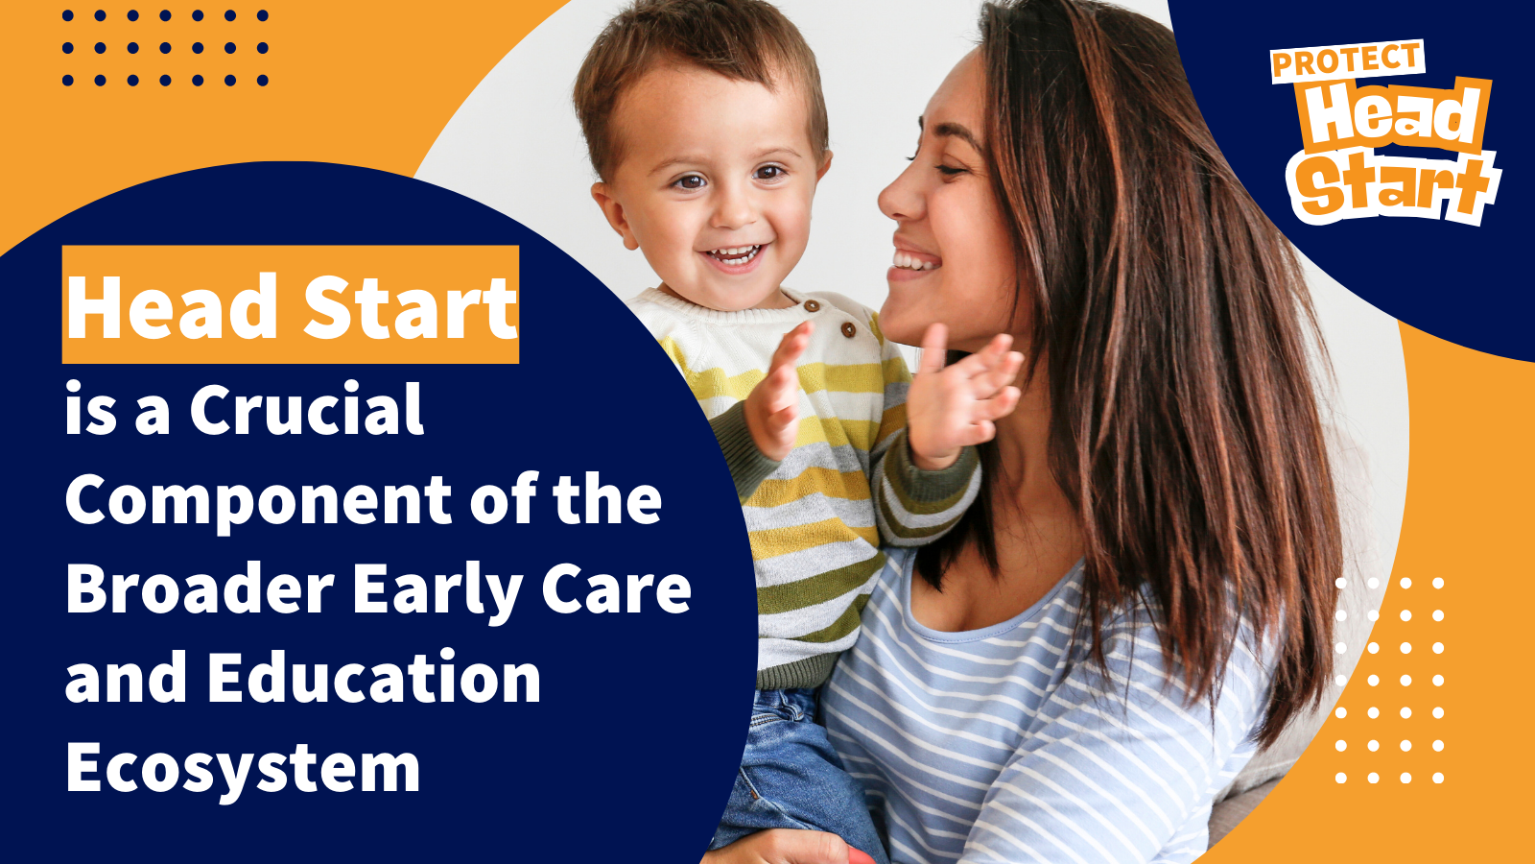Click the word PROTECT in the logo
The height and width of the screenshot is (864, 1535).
tap(1347, 61)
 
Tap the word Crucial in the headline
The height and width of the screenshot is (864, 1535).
tap(306, 409)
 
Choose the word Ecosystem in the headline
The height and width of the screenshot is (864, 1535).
tap(243, 769)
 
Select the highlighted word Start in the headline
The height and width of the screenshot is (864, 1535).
tap(410, 306)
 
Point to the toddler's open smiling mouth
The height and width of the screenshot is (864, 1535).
tap(735, 255)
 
